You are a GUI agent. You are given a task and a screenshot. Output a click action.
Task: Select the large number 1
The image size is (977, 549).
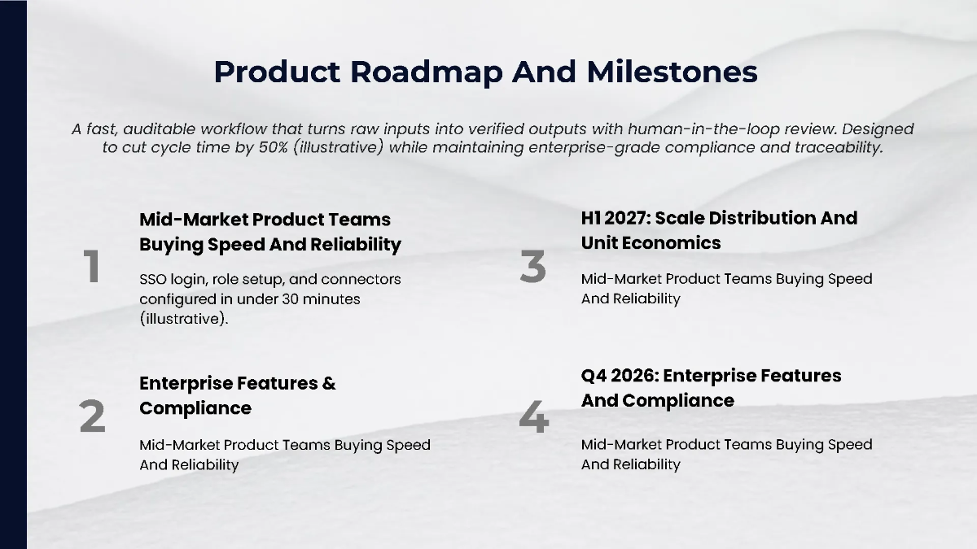[92, 268]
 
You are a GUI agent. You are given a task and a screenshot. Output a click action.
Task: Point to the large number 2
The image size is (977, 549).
[92, 416]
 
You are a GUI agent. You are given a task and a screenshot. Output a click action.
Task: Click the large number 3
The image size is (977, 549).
[532, 268]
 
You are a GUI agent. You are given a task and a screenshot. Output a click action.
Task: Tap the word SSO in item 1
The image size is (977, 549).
[153, 279]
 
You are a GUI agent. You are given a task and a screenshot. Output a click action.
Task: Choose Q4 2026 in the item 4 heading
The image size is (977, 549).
[619, 376]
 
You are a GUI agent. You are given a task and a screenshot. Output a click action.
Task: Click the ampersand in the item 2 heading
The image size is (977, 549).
[329, 383]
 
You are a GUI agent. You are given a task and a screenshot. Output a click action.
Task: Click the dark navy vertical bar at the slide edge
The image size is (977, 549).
[13, 274]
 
